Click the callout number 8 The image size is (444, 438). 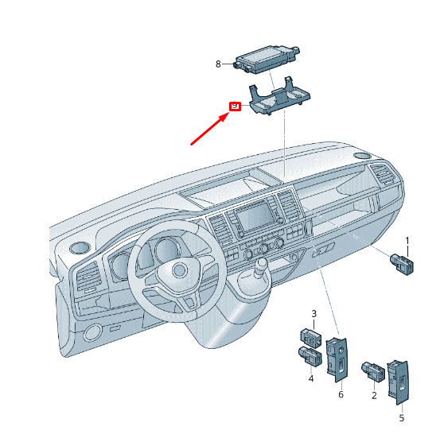[x=218, y=64]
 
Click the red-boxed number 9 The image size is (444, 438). [x=235, y=106]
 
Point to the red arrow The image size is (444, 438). [x=210, y=129]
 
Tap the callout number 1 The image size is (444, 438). [x=407, y=241]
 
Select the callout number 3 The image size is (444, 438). [x=314, y=313]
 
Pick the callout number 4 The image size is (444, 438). [x=311, y=378]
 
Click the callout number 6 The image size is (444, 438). [x=341, y=394]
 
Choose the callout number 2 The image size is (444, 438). [x=374, y=395]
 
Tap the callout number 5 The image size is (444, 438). [x=402, y=418]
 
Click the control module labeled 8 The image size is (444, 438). [x=267, y=60]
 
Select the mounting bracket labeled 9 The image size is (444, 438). [x=279, y=96]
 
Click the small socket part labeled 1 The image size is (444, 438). [x=402, y=264]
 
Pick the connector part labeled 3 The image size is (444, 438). [x=311, y=338]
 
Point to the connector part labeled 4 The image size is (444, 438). [x=310, y=356]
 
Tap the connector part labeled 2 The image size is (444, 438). [x=373, y=372]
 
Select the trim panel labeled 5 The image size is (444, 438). [x=398, y=382]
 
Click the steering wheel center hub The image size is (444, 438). [x=179, y=270]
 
